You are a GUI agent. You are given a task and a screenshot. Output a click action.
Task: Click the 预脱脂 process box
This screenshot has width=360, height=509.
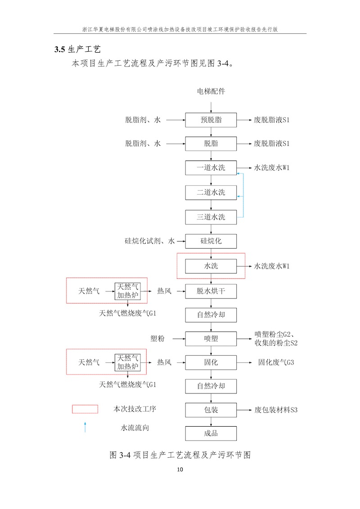coord(211,120)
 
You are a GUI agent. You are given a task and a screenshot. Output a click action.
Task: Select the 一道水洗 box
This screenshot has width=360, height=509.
coord(211,168)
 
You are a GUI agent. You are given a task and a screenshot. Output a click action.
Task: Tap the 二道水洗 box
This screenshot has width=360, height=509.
coord(211,193)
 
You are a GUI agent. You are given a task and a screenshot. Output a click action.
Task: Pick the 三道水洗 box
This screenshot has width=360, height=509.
coord(211,217)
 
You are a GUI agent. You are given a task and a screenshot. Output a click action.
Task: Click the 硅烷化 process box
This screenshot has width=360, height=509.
coord(211,241)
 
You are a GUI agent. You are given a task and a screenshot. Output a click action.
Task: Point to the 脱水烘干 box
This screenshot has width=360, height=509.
coord(211,291)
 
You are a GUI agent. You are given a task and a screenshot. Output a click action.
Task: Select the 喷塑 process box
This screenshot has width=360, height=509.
coord(211,338)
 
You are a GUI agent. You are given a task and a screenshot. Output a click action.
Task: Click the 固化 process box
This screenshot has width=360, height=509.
coord(211,362)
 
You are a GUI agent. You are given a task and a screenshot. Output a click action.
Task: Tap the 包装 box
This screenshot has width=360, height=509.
coord(211,410)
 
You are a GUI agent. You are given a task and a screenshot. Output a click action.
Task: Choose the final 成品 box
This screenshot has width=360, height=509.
coord(211,433)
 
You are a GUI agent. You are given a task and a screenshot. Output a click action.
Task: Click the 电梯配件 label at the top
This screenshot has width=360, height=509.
coord(211,91)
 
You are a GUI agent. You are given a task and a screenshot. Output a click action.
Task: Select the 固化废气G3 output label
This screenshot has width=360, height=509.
coord(276,362)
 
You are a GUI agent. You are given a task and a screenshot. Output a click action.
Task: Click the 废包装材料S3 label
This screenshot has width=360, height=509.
coord(276,410)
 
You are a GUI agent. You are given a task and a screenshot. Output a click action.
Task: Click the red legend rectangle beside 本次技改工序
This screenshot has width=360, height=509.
coord(85,409)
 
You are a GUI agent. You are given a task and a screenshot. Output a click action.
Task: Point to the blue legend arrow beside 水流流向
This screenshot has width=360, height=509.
coord(85,427)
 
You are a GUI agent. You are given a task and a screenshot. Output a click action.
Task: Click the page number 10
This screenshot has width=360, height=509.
coord(180,470)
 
